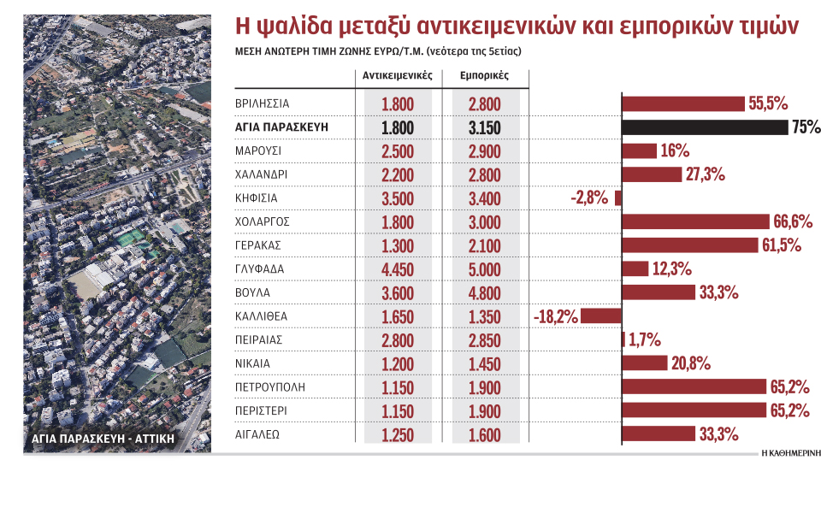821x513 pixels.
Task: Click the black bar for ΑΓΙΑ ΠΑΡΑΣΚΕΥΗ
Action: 705,127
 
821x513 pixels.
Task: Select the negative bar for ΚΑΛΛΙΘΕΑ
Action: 600,315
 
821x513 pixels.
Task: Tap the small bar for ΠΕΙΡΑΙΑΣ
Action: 623,339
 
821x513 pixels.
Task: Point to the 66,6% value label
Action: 792,221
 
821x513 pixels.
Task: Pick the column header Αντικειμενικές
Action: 398,75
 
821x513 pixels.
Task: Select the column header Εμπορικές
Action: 484,75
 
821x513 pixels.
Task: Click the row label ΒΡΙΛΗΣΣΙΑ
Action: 263,103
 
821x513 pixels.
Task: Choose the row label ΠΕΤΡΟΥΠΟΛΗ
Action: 269,386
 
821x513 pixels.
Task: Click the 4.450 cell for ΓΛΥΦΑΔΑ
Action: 398,269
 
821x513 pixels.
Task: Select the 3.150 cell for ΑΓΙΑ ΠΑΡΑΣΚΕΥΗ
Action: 484,128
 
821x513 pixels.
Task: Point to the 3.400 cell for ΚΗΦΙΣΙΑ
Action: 484,198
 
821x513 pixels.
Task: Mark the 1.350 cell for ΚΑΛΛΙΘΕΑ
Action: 484,316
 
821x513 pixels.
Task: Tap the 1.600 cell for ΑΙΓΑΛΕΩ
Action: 484,434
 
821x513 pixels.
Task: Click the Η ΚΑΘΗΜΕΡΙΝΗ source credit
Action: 789,454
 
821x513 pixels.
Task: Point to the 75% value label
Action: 806,127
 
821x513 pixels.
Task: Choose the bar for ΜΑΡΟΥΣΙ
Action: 639,151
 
